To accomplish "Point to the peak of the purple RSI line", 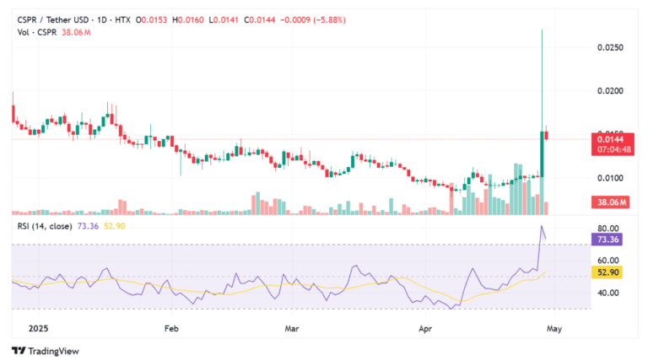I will click(543, 226).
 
